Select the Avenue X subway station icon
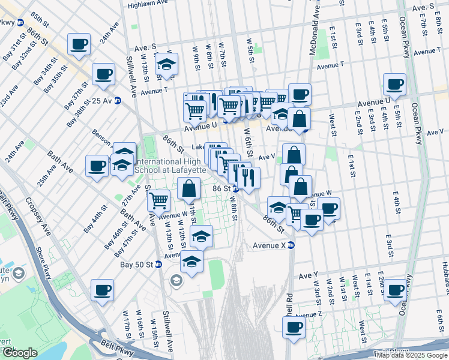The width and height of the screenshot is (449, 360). [291, 245]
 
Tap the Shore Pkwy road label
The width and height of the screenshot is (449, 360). [44, 265]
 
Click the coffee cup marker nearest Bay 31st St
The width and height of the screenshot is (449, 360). [79, 43]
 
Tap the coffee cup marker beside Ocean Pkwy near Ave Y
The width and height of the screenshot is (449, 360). [394, 290]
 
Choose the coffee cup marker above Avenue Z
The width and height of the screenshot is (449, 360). [294, 327]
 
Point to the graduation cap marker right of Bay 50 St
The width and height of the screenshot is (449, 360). [191, 262]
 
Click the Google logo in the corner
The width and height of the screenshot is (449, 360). [20, 353]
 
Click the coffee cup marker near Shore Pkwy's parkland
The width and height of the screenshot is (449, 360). [102, 291]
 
